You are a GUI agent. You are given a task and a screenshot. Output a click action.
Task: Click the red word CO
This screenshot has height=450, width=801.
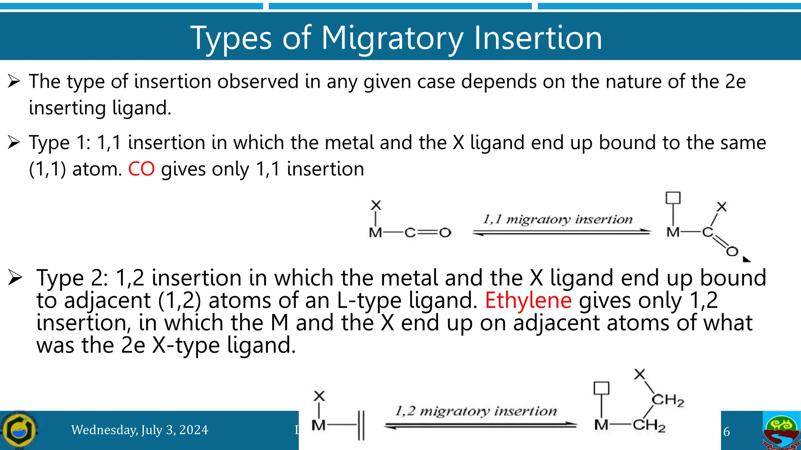(141, 169)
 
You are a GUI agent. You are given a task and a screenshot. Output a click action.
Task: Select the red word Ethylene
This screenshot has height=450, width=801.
(528, 300)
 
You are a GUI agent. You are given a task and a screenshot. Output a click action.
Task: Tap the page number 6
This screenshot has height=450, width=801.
(726, 432)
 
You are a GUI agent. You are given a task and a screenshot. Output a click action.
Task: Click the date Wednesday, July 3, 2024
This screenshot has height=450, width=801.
(140, 430)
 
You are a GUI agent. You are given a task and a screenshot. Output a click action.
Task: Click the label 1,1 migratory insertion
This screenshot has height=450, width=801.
(558, 219)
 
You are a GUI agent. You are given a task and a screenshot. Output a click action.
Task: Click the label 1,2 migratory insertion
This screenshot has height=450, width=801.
(476, 411)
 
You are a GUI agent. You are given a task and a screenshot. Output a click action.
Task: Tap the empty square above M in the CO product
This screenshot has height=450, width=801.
(673, 198)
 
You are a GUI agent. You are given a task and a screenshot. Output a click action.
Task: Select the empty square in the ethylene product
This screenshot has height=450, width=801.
(601, 388)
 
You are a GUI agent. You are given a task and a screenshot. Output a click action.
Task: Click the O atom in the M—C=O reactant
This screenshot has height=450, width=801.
(445, 233)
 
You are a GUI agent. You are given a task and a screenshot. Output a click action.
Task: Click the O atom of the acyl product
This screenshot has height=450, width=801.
(732, 252)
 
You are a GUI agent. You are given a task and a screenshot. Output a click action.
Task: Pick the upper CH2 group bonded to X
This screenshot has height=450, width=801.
(668, 400)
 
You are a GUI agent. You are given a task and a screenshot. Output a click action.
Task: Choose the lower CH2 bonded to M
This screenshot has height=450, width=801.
(649, 425)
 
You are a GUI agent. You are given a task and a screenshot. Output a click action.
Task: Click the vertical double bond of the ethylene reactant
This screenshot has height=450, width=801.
(361, 425)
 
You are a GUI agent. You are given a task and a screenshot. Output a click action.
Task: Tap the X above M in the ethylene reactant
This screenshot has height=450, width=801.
(319, 396)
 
